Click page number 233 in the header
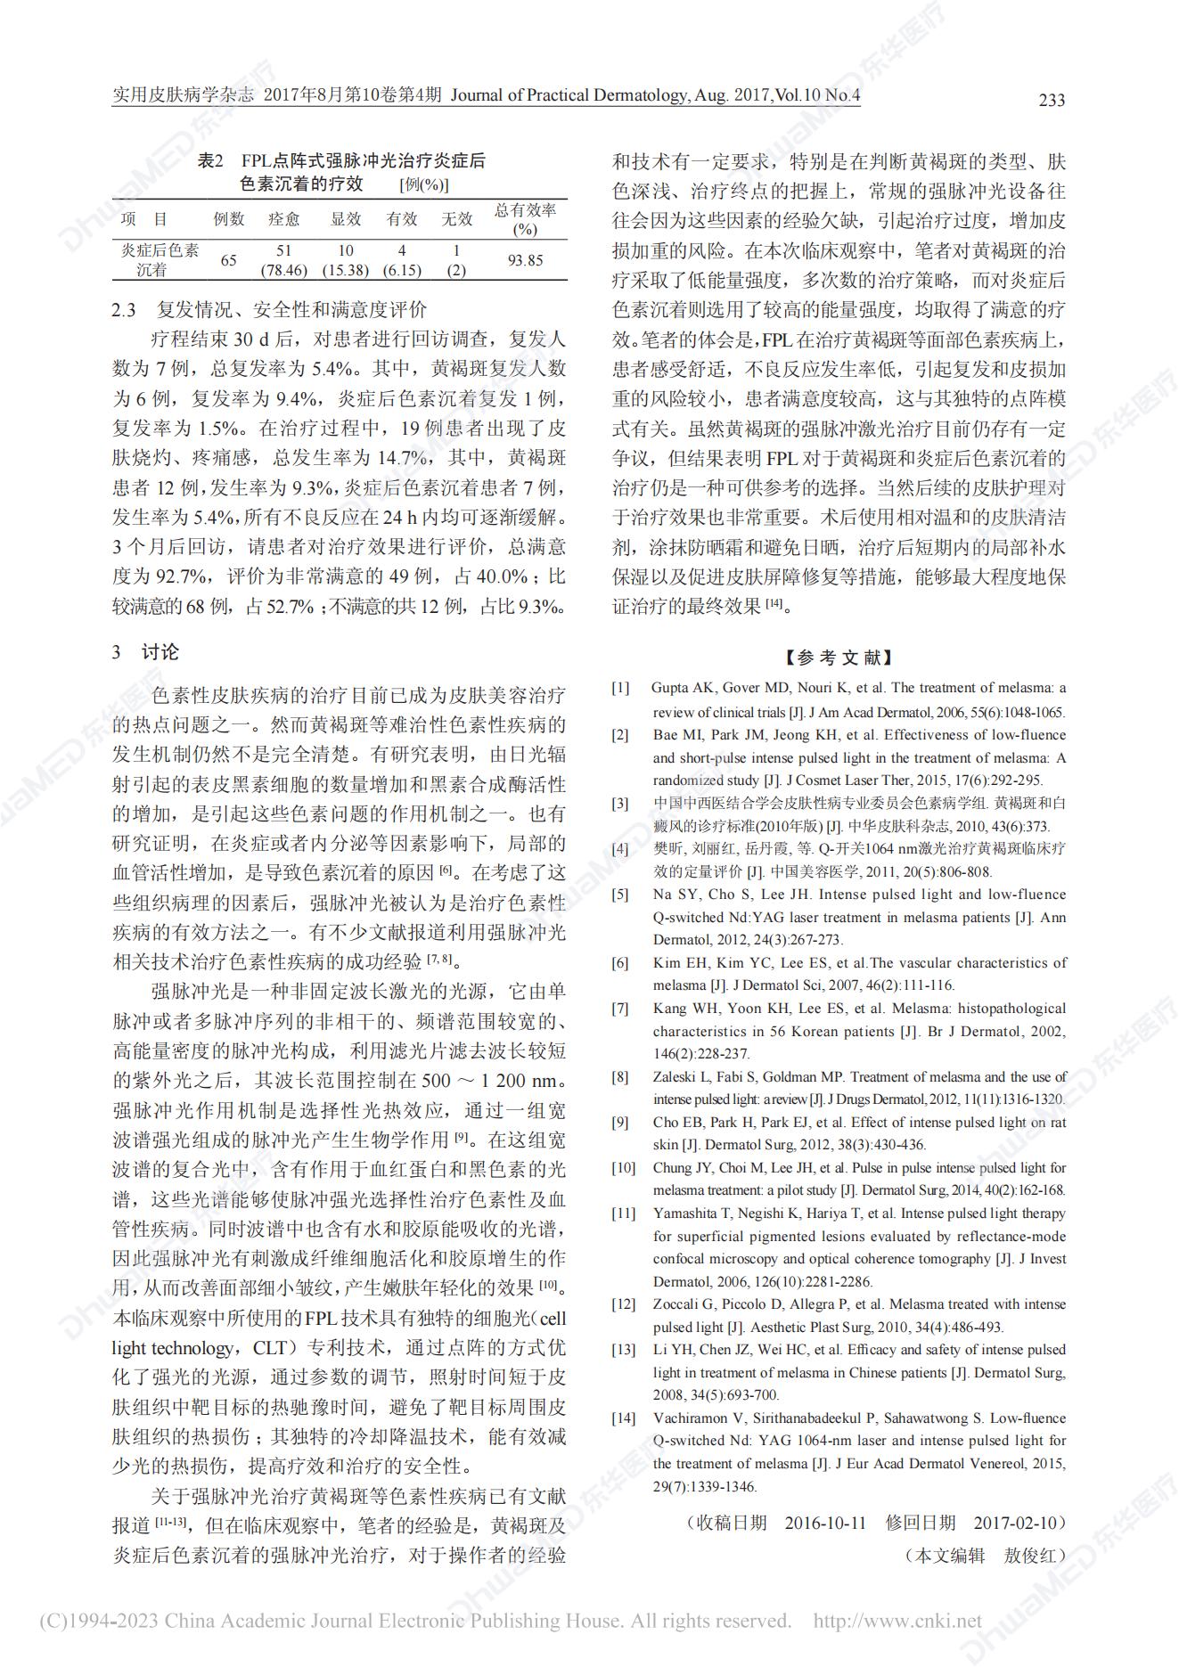coord(1052,100)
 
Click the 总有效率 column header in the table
coord(525,219)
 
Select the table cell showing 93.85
coord(525,260)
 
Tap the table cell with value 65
coord(229,260)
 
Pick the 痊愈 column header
coord(284,219)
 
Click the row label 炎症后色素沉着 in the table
coord(160,259)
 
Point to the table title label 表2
coord(209,161)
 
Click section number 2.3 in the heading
coord(124,310)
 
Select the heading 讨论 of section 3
coord(160,652)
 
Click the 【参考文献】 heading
coord(838,658)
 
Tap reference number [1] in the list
coord(620,688)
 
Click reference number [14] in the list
coord(624,1418)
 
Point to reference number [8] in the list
coord(620,1077)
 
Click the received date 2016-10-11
coord(825,1522)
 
